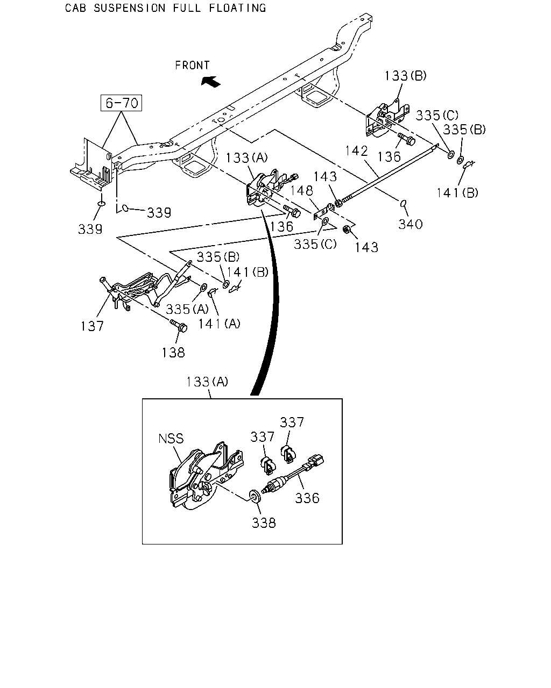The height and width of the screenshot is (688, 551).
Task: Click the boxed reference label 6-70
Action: tap(121, 103)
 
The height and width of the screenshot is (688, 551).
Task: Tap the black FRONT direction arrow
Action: tap(211, 81)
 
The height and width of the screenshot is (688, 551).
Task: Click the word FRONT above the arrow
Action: tap(192, 65)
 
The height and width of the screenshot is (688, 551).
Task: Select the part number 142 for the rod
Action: tap(357, 150)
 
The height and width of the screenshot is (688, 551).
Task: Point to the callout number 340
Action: tap(411, 224)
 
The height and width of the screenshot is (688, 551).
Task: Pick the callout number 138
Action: tap(173, 353)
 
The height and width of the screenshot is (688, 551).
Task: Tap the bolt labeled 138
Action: tap(179, 326)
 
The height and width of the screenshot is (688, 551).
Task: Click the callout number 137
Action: tap(92, 326)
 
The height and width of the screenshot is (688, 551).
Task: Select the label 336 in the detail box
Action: tap(307, 498)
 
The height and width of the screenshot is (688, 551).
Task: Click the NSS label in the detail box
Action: tap(171, 438)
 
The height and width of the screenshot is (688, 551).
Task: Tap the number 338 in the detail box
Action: tap(264, 523)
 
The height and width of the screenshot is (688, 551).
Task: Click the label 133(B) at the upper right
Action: tap(405, 76)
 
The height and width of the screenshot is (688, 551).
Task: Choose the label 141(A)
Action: tap(220, 324)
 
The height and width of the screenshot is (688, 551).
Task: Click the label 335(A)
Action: tap(187, 309)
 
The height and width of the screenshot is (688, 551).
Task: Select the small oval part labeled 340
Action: tap(404, 203)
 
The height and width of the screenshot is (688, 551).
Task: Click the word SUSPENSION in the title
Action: tap(129, 8)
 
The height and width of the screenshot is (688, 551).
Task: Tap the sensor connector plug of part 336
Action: tap(315, 462)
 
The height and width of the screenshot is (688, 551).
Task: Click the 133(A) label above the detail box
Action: tap(207, 382)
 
